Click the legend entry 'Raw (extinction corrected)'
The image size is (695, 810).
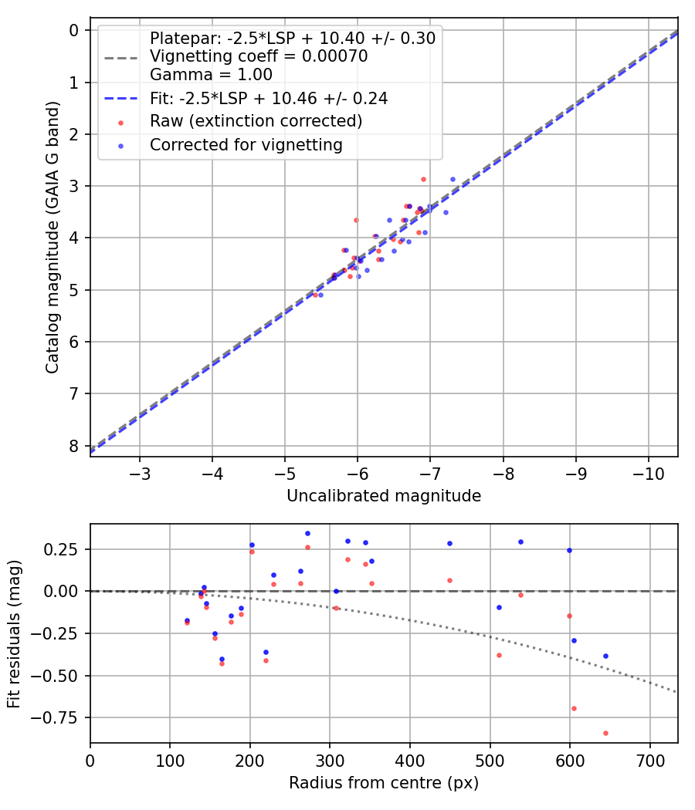[x=256, y=121]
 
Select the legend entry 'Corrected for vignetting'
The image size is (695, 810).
[x=246, y=144]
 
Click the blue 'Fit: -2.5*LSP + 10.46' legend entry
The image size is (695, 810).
[x=269, y=98]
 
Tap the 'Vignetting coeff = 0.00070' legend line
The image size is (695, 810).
[x=258, y=56]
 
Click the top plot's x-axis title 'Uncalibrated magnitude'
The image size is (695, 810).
[x=384, y=496]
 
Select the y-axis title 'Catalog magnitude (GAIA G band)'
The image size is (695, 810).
[x=53, y=242]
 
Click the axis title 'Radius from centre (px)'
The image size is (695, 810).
[x=384, y=783]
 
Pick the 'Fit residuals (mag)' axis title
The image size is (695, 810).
[x=15, y=633]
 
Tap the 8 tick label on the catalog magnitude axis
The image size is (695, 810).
[x=74, y=446]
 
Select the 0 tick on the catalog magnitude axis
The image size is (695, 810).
[x=74, y=30]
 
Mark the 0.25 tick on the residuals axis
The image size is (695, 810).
[x=66, y=549]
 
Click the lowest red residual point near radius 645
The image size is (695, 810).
[x=605, y=733]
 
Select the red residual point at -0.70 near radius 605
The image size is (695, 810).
[x=574, y=708]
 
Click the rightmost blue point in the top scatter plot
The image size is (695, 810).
[x=453, y=179]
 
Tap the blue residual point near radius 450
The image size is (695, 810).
[x=449, y=543]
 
